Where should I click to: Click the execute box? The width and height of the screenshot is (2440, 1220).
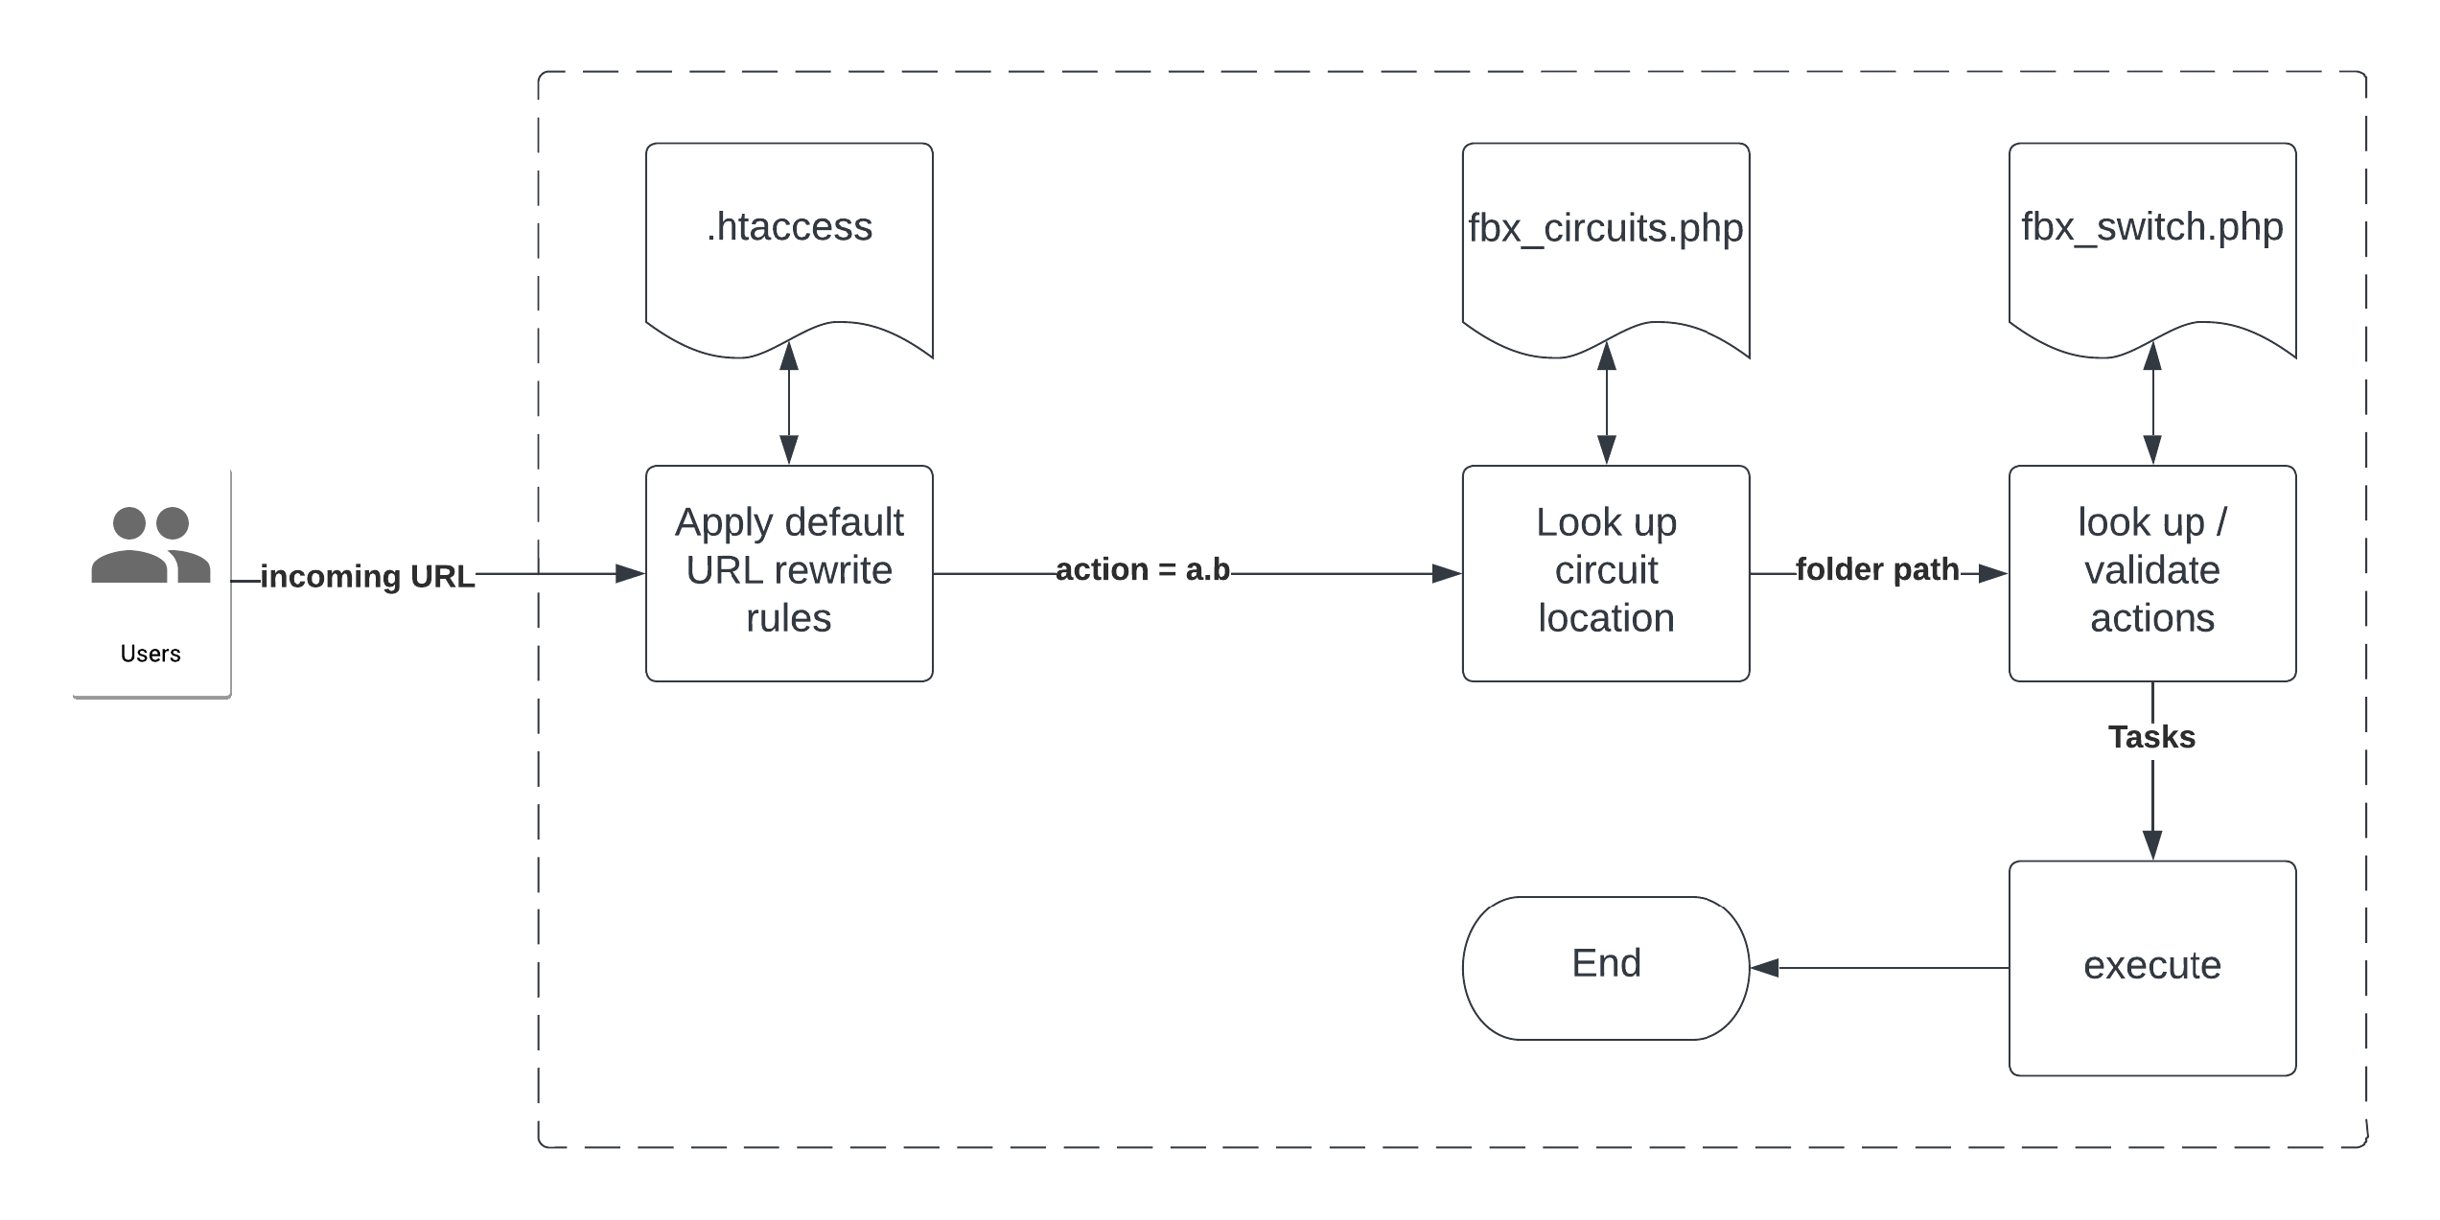click(x=2152, y=968)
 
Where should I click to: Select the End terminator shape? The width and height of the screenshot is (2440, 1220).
click(x=1606, y=968)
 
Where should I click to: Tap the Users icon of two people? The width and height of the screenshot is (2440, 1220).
click(x=151, y=545)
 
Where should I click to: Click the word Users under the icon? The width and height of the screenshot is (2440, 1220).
click(x=151, y=654)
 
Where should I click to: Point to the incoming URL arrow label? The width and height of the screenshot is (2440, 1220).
click(x=367, y=577)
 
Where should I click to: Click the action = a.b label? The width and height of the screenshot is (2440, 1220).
click(x=1143, y=570)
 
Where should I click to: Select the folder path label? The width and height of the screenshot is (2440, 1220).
click(x=1877, y=570)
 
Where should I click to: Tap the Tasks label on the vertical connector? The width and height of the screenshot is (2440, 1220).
click(x=2151, y=737)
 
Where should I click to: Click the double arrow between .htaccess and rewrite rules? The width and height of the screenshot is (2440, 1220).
click(x=789, y=403)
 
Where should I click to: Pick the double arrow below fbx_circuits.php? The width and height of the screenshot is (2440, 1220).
click(x=1607, y=403)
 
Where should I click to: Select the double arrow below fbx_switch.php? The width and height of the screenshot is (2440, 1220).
click(x=2152, y=403)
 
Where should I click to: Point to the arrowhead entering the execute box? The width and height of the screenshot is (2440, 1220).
click(x=2152, y=844)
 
